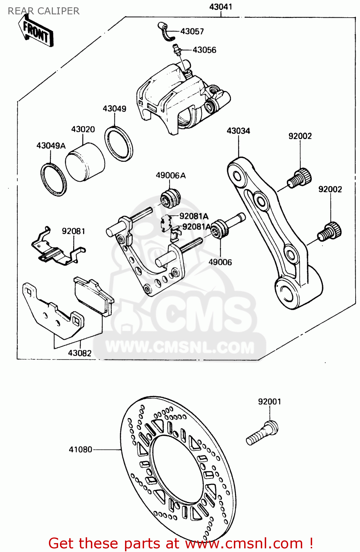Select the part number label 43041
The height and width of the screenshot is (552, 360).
(x=221, y=7)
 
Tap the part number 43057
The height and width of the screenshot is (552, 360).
(x=192, y=31)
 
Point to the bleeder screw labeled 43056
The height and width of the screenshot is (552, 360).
(x=177, y=50)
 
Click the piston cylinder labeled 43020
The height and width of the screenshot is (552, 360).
(x=85, y=164)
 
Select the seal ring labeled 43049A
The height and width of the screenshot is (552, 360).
(x=54, y=179)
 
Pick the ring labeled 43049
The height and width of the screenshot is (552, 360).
(x=119, y=144)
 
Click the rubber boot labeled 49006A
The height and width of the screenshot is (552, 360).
(x=171, y=197)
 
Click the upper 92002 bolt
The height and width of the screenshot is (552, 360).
(x=299, y=177)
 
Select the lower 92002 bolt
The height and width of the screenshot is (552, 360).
(x=330, y=231)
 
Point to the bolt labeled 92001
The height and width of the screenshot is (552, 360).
(x=262, y=433)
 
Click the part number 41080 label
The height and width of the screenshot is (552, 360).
(x=81, y=449)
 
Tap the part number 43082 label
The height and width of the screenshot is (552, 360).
(x=79, y=353)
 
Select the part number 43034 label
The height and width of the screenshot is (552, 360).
(x=238, y=131)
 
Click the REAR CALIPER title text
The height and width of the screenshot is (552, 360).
(x=43, y=11)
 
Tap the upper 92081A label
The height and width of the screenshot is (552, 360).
(x=194, y=216)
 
